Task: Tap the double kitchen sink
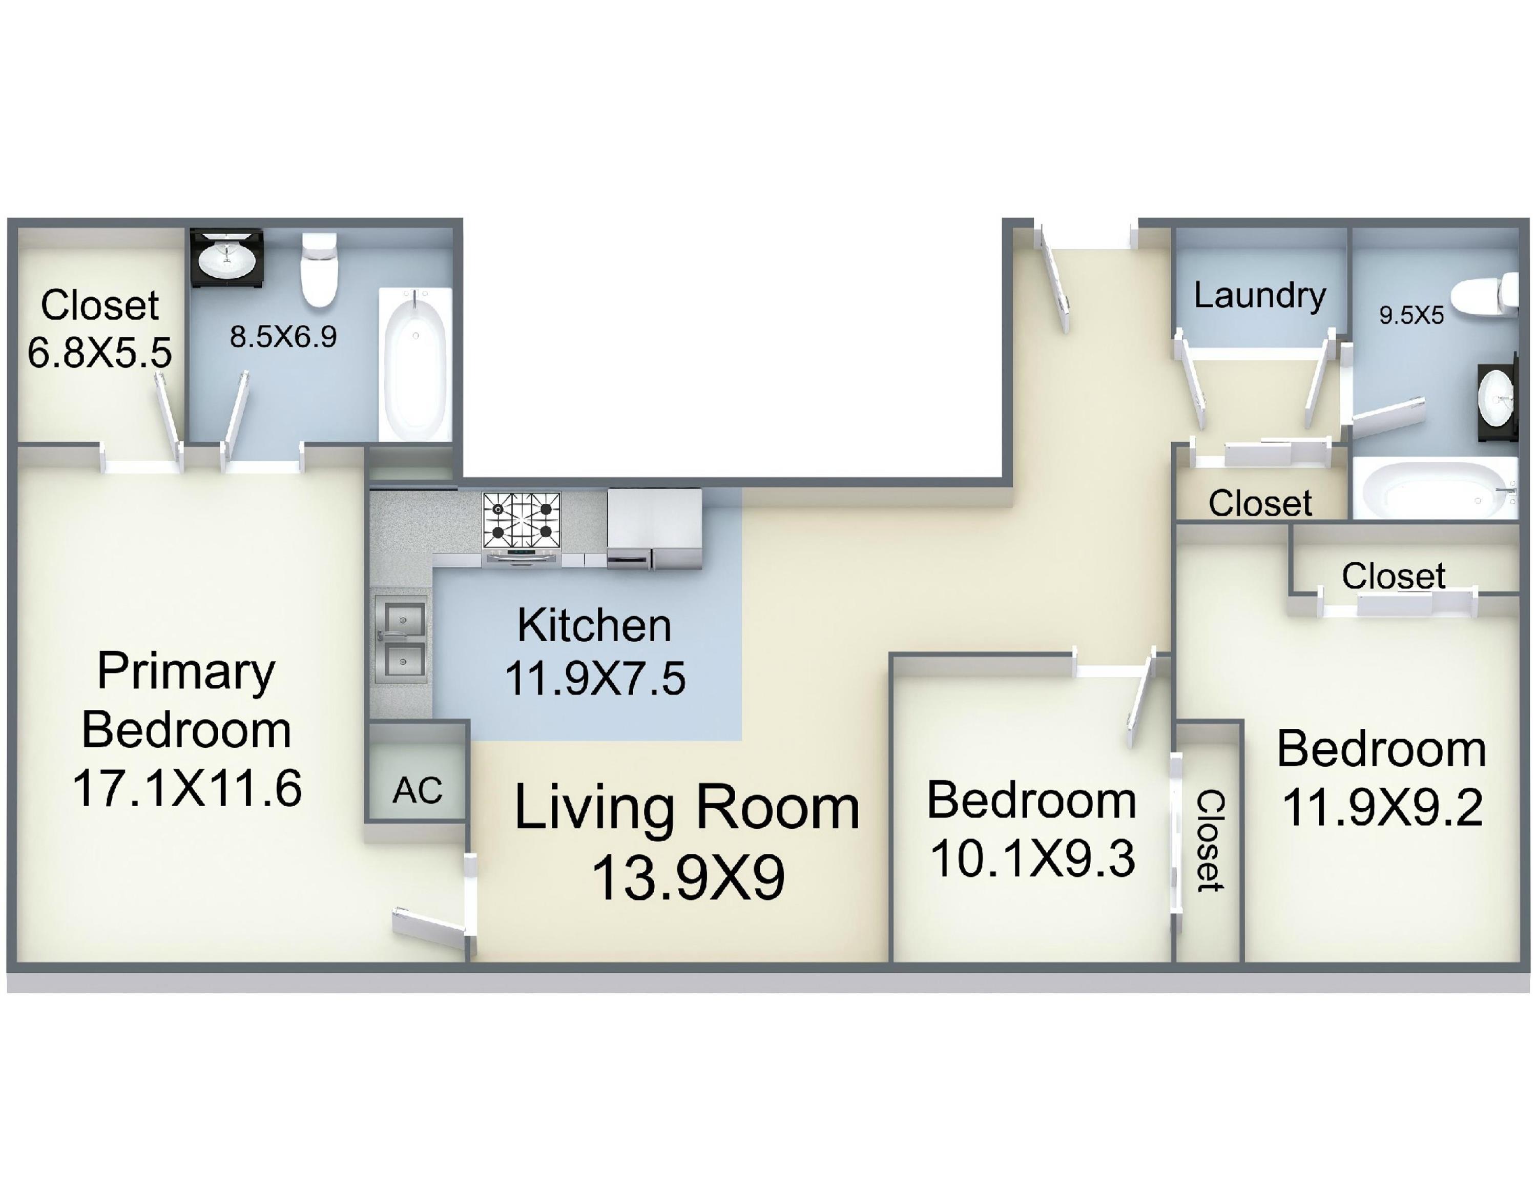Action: [x=401, y=640]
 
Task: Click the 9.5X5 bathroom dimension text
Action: [x=1411, y=315]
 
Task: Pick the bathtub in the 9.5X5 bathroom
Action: [x=1435, y=488]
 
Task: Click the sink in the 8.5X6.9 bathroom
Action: [x=226, y=258]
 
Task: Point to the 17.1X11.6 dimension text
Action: [x=187, y=788]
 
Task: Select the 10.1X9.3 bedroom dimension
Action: [x=1032, y=858]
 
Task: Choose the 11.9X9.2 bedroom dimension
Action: [x=1382, y=807]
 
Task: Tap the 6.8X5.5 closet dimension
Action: [x=99, y=352]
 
